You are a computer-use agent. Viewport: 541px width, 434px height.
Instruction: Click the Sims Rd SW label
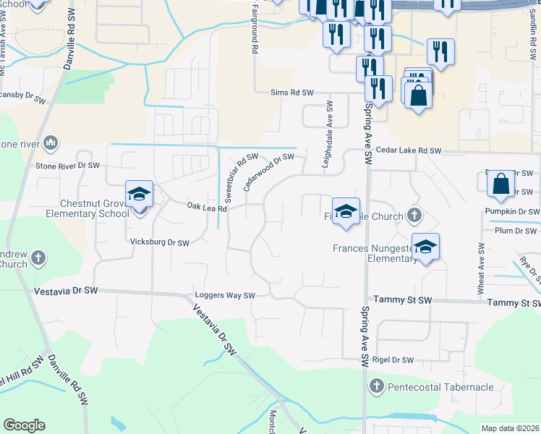point(291,93)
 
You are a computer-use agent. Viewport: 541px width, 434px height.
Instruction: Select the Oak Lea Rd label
point(208,208)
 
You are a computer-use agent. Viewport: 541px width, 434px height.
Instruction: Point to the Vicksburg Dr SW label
point(160,242)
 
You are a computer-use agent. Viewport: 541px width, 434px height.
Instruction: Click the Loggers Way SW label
point(226,296)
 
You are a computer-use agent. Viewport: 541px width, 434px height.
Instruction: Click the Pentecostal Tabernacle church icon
point(376,387)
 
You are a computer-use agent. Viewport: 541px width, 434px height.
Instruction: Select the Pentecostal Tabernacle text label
point(441,387)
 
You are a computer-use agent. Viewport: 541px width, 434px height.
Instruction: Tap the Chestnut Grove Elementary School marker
point(139,195)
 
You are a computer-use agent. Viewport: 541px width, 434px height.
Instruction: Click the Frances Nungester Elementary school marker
point(426,247)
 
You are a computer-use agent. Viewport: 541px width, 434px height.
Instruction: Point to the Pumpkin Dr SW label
point(514,211)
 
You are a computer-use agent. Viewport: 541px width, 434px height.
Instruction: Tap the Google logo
point(25,425)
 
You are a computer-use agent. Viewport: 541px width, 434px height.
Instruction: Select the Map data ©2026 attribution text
point(510,428)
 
